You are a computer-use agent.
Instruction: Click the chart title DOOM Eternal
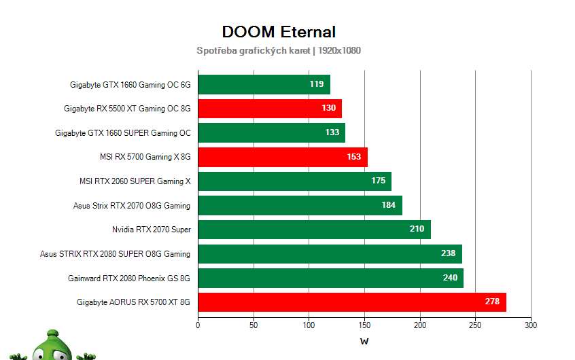click(x=279, y=32)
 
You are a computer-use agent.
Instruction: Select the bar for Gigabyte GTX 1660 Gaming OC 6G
click(x=264, y=85)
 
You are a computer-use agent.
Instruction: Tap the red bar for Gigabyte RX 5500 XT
click(x=269, y=109)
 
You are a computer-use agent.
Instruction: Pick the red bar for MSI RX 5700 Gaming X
click(x=282, y=158)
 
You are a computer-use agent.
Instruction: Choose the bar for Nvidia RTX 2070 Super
click(x=314, y=230)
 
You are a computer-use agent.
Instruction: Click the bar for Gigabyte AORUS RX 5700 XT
click(x=351, y=302)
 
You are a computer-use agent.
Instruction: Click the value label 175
click(x=378, y=181)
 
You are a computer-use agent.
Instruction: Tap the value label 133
click(x=332, y=133)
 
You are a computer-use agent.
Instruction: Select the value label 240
click(x=450, y=278)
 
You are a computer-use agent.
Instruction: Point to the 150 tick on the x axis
click(x=364, y=325)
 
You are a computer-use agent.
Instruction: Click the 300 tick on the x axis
click(x=531, y=325)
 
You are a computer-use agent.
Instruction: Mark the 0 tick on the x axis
click(x=198, y=325)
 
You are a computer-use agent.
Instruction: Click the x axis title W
click(x=364, y=342)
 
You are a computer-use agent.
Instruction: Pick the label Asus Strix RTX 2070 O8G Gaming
click(x=132, y=206)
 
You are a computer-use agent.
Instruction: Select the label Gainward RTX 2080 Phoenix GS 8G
click(x=129, y=278)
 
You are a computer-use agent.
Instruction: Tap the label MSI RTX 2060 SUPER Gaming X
click(x=135, y=181)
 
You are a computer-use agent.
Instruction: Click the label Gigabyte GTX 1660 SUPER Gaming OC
click(x=123, y=133)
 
